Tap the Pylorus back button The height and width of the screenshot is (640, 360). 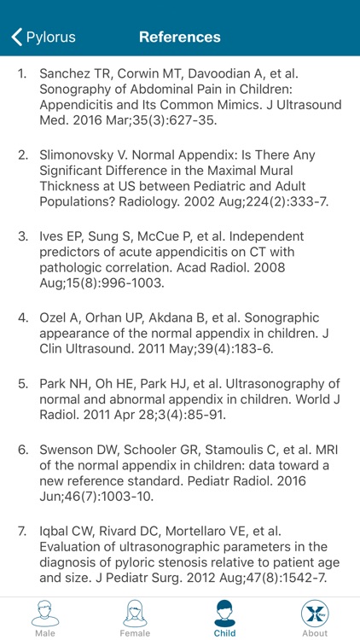coord(43,37)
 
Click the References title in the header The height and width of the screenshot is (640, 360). coord(180,37)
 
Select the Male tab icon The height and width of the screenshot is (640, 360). coord(45,614)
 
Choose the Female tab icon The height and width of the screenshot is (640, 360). coord(135,614)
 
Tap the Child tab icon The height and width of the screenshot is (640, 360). coord(225,614)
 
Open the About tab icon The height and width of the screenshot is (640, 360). coord(315,614)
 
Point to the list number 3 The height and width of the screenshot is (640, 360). coord(23,236)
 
